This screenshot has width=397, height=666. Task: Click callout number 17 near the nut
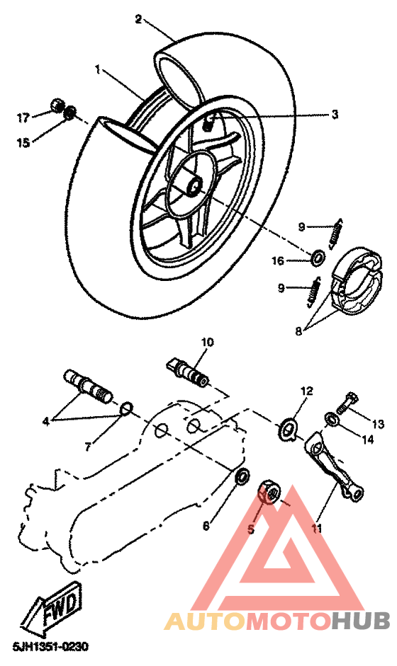tap(23, 117)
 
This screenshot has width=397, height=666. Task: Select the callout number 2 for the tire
tap(139, 19)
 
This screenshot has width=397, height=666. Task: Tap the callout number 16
tap(279, 261)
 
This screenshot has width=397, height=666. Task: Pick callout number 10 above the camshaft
tap(206, 343)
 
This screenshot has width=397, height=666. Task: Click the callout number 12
tap(306, 391)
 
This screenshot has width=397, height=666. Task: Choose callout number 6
tap(206, 526)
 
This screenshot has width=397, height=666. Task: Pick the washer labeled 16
tap(319, 256)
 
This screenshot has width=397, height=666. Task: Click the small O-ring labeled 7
tap(126, 408)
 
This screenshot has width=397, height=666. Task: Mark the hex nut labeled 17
tap(55, 107)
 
